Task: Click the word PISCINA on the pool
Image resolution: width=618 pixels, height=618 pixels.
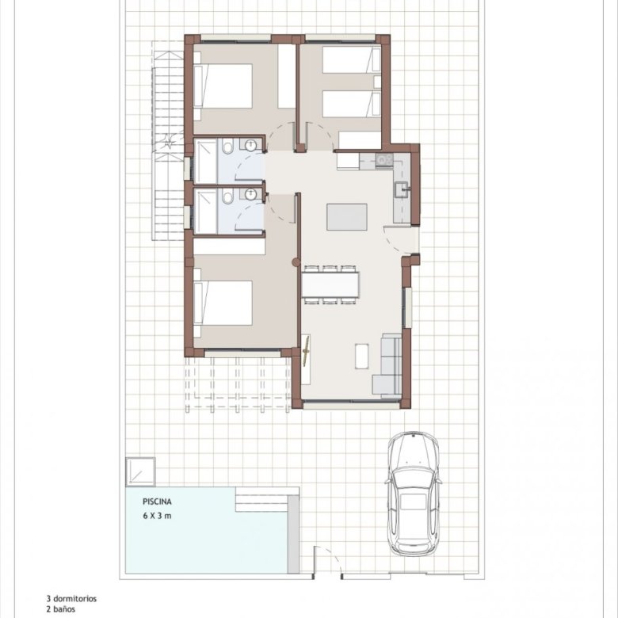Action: [157, 502]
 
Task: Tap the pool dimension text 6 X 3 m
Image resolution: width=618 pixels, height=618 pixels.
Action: [157, 516]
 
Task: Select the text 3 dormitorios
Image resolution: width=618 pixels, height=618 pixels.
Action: [71, 599]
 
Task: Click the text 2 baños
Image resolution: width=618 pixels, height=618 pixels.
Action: [61, 609]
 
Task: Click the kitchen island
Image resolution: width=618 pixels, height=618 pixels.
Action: [347, 217]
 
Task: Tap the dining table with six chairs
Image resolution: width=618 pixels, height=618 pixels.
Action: [330, 284]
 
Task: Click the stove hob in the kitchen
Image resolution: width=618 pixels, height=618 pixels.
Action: [384, 159]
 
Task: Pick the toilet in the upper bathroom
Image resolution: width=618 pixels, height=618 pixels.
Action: [228, 147]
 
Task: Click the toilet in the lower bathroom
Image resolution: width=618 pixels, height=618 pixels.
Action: [227, 197]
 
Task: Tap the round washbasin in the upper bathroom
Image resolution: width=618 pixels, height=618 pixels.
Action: [250, 146]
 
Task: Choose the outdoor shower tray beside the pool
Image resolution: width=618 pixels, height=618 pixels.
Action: [140, 472]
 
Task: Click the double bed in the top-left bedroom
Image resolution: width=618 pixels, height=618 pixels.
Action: [223, 86]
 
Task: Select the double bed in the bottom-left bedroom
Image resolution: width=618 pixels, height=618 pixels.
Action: [223, 303]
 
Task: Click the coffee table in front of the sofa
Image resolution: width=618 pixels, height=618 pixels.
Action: [362, 357]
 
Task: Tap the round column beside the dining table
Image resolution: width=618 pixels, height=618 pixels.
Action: [296, 262]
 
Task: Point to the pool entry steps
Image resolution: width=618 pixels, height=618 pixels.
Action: [262, 500]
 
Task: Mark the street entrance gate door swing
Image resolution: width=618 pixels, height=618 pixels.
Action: [328, 563]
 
